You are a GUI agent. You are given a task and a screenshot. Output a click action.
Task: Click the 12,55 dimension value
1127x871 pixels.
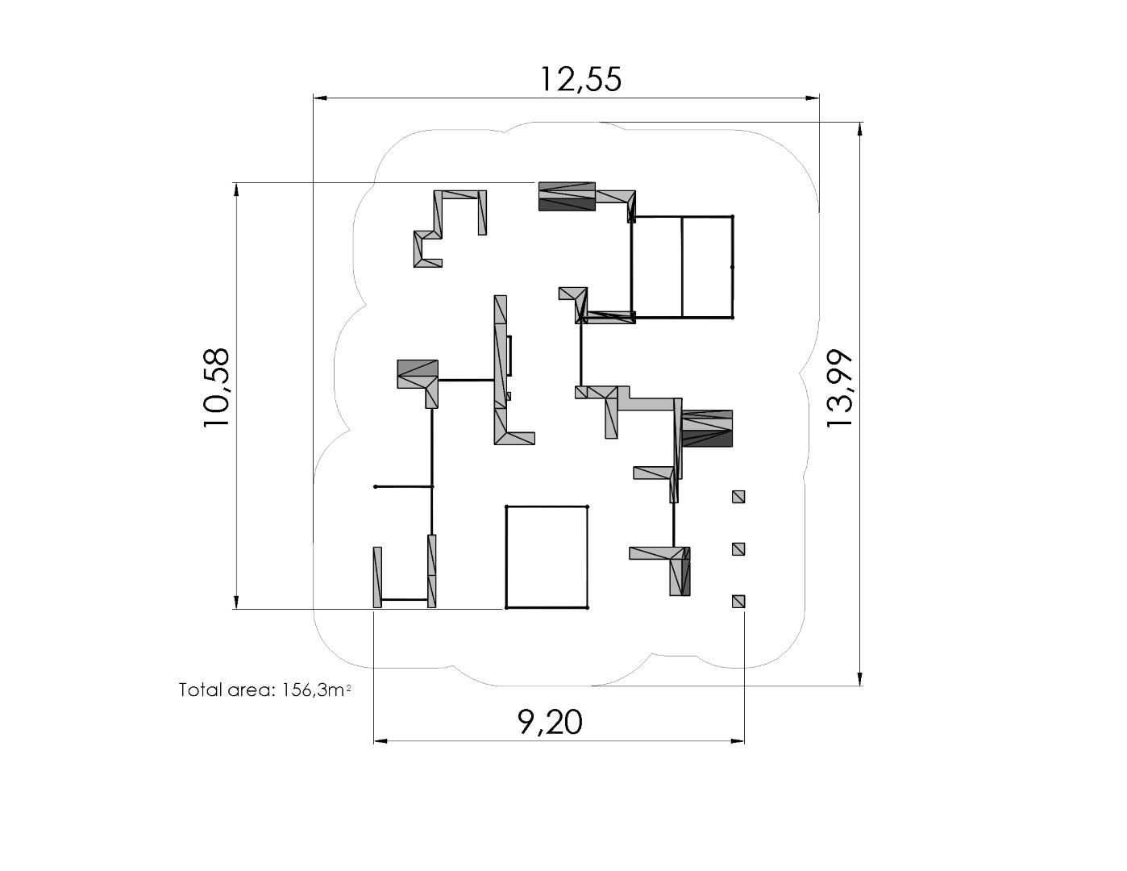point(580,79)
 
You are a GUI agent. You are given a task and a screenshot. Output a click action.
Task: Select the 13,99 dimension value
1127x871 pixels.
point(839,389)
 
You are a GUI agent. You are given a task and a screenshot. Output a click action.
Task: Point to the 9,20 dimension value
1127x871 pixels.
point(550,722)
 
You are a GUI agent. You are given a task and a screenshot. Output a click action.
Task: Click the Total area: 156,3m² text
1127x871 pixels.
point(264,690)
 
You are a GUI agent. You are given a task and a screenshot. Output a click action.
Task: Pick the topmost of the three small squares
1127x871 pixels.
point(738,497)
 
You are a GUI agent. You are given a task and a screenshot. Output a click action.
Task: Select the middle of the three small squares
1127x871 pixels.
point(738,549)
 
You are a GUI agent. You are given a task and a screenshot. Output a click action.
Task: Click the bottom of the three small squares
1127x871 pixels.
point(738,601)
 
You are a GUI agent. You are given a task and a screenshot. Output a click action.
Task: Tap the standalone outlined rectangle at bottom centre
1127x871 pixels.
point(547,556)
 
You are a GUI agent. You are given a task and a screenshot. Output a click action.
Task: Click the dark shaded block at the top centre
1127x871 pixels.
point(567,196)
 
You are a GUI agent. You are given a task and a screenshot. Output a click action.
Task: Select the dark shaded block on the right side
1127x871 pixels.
point(707,428)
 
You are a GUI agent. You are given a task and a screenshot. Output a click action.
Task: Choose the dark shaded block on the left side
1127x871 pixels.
point(418,374)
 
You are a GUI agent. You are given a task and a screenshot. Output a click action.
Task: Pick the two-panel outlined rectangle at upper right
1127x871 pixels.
point(682,267)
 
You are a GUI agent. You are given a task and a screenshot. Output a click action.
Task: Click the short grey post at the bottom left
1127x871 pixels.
point(377,577)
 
